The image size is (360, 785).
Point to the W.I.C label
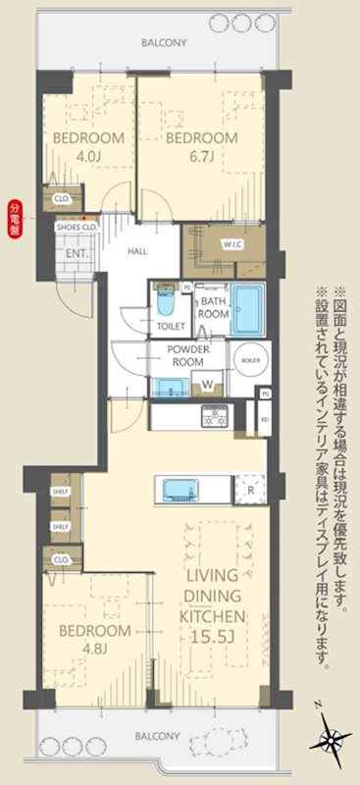[232, 244]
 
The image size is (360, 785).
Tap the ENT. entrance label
[76, 252]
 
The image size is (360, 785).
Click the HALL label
[137, 251]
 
